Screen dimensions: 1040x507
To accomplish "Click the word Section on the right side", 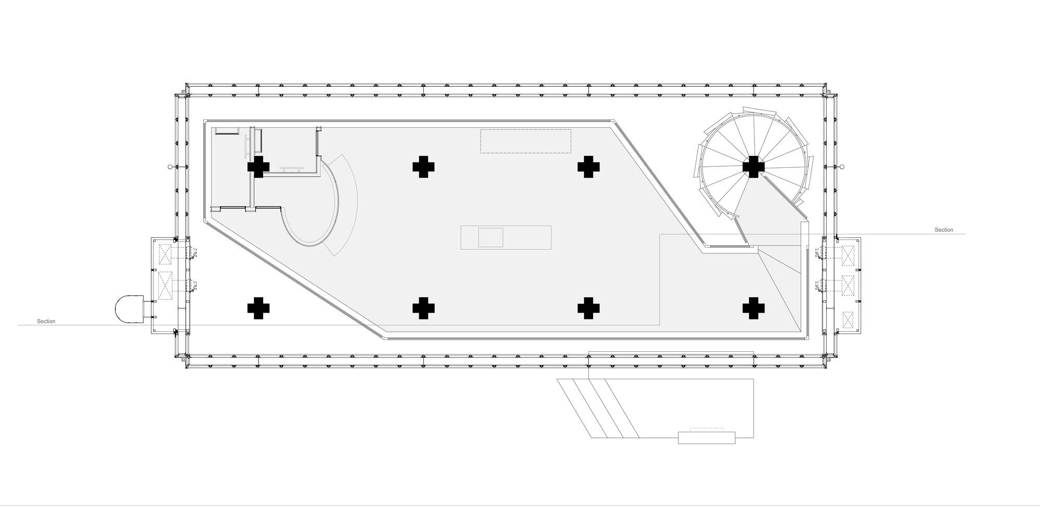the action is click(x=944, y=230).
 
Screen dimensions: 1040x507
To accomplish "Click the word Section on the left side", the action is click(x=46, y=322).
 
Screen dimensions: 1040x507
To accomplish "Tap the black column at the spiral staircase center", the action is click(x=753, y=167).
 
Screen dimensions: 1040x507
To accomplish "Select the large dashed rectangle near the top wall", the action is click(x=526, y=141).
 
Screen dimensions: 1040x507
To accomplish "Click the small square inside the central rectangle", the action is click(x=490, y=237).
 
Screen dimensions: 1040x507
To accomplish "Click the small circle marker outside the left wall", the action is click(x=170, y=167).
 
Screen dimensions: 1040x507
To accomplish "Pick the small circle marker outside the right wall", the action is click(x=842, y=167).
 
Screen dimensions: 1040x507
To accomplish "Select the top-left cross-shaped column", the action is click(x=258, y=167).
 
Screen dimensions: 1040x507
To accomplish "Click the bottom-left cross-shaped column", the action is click(x=258, y=308).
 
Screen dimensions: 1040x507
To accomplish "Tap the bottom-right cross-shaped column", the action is click(x=753, y=308).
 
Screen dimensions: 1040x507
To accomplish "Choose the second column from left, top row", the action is click(x=423, y=167).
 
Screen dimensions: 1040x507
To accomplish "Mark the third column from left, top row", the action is click(x=588, y=167).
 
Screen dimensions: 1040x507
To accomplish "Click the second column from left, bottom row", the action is click(x=423, y=308).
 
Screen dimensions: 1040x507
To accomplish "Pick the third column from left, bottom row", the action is click(x=588, y=308).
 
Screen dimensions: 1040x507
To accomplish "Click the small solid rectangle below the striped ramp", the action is click(x=707, y=438).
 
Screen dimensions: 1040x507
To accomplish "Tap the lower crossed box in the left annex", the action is click(x=165, y=286).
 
